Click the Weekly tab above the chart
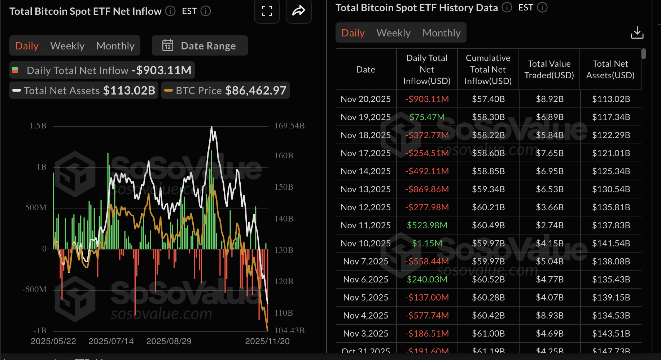(x=67, y=46)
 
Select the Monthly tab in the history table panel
(x=441, y=33)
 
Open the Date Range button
(x=200, y=46)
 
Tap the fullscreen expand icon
(x=267, y=11)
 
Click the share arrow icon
(x=298, y=11)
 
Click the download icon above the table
(x=637, y=33)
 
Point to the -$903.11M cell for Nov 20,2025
(x=427, y=99)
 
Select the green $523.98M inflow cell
(x=427, y=225)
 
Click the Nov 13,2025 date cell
(x=365, y=189)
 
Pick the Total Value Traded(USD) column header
(x=549, y=69)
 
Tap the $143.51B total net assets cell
(x=610, y=333)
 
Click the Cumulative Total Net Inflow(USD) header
(x=488, y=69)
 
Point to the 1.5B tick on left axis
(x=38, y=126)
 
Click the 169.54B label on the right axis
(x=289, y=126)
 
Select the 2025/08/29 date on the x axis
(x=168, y=341)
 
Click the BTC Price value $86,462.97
(x=255, y=90)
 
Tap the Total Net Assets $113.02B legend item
(x=84, y=90)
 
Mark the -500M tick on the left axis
(x=34, y=289)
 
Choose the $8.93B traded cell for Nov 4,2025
(x=549, y=315)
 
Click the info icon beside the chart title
(x=170, y=11)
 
